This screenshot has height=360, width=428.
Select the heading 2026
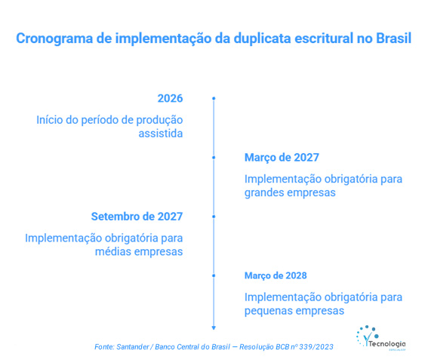pos(170,99)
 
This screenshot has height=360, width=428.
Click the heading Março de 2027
pos(282,158)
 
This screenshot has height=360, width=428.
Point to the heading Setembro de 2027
pos(137,217)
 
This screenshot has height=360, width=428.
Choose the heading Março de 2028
pos(276,275)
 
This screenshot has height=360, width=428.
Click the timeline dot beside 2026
pos(214,99)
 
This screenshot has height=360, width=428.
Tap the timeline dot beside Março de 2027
pos(214,158)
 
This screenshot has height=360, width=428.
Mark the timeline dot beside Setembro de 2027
pos(214,217)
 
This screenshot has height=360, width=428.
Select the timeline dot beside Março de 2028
pos(214,275)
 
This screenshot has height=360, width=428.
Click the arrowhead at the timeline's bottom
pos(214,327)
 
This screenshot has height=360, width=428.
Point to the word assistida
pos(160,134)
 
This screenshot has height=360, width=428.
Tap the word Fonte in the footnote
pos(104,346)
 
